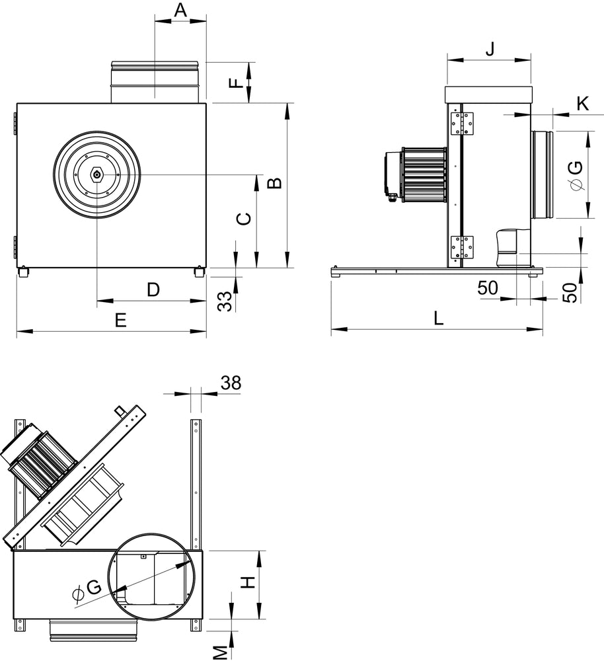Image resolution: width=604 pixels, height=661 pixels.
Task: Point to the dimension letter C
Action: [x=243, y=219]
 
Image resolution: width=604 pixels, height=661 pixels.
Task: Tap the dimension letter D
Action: [x=153, y=290]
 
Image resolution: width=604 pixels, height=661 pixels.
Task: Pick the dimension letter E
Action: [x=120, y=321]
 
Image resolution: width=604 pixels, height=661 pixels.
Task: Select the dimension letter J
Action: [x=490, y=48]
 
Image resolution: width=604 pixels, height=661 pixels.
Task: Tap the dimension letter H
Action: [x=246, y=582]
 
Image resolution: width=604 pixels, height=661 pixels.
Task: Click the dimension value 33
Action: [x=225, y=301]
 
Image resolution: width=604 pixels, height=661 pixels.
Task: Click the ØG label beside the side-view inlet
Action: [x=575, y=176]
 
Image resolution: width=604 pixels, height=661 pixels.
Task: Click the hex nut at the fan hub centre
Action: [x=97, y=175]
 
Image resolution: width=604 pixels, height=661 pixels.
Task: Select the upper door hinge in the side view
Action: [x=462, y=124]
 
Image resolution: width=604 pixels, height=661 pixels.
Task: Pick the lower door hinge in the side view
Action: [x=462, y=247]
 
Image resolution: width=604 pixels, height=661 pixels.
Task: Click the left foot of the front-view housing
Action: [x=24, y=272]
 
